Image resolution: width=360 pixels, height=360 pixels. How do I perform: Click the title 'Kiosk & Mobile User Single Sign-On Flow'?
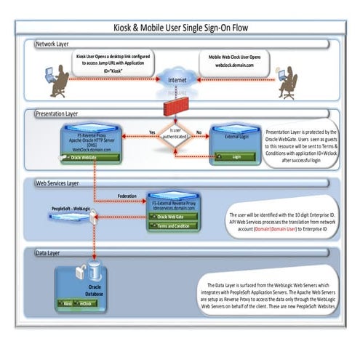tap(180, 28)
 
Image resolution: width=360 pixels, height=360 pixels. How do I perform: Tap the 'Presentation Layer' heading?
tap(65, 113)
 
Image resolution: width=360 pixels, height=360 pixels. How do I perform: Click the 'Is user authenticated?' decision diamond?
tap(177, 136)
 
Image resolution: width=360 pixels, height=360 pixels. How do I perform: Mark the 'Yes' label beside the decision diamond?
tap(152, 132)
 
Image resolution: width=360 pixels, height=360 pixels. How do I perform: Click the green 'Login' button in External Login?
tap(236, 156)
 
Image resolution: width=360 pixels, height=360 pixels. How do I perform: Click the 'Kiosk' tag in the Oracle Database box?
tap(68, 302)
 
